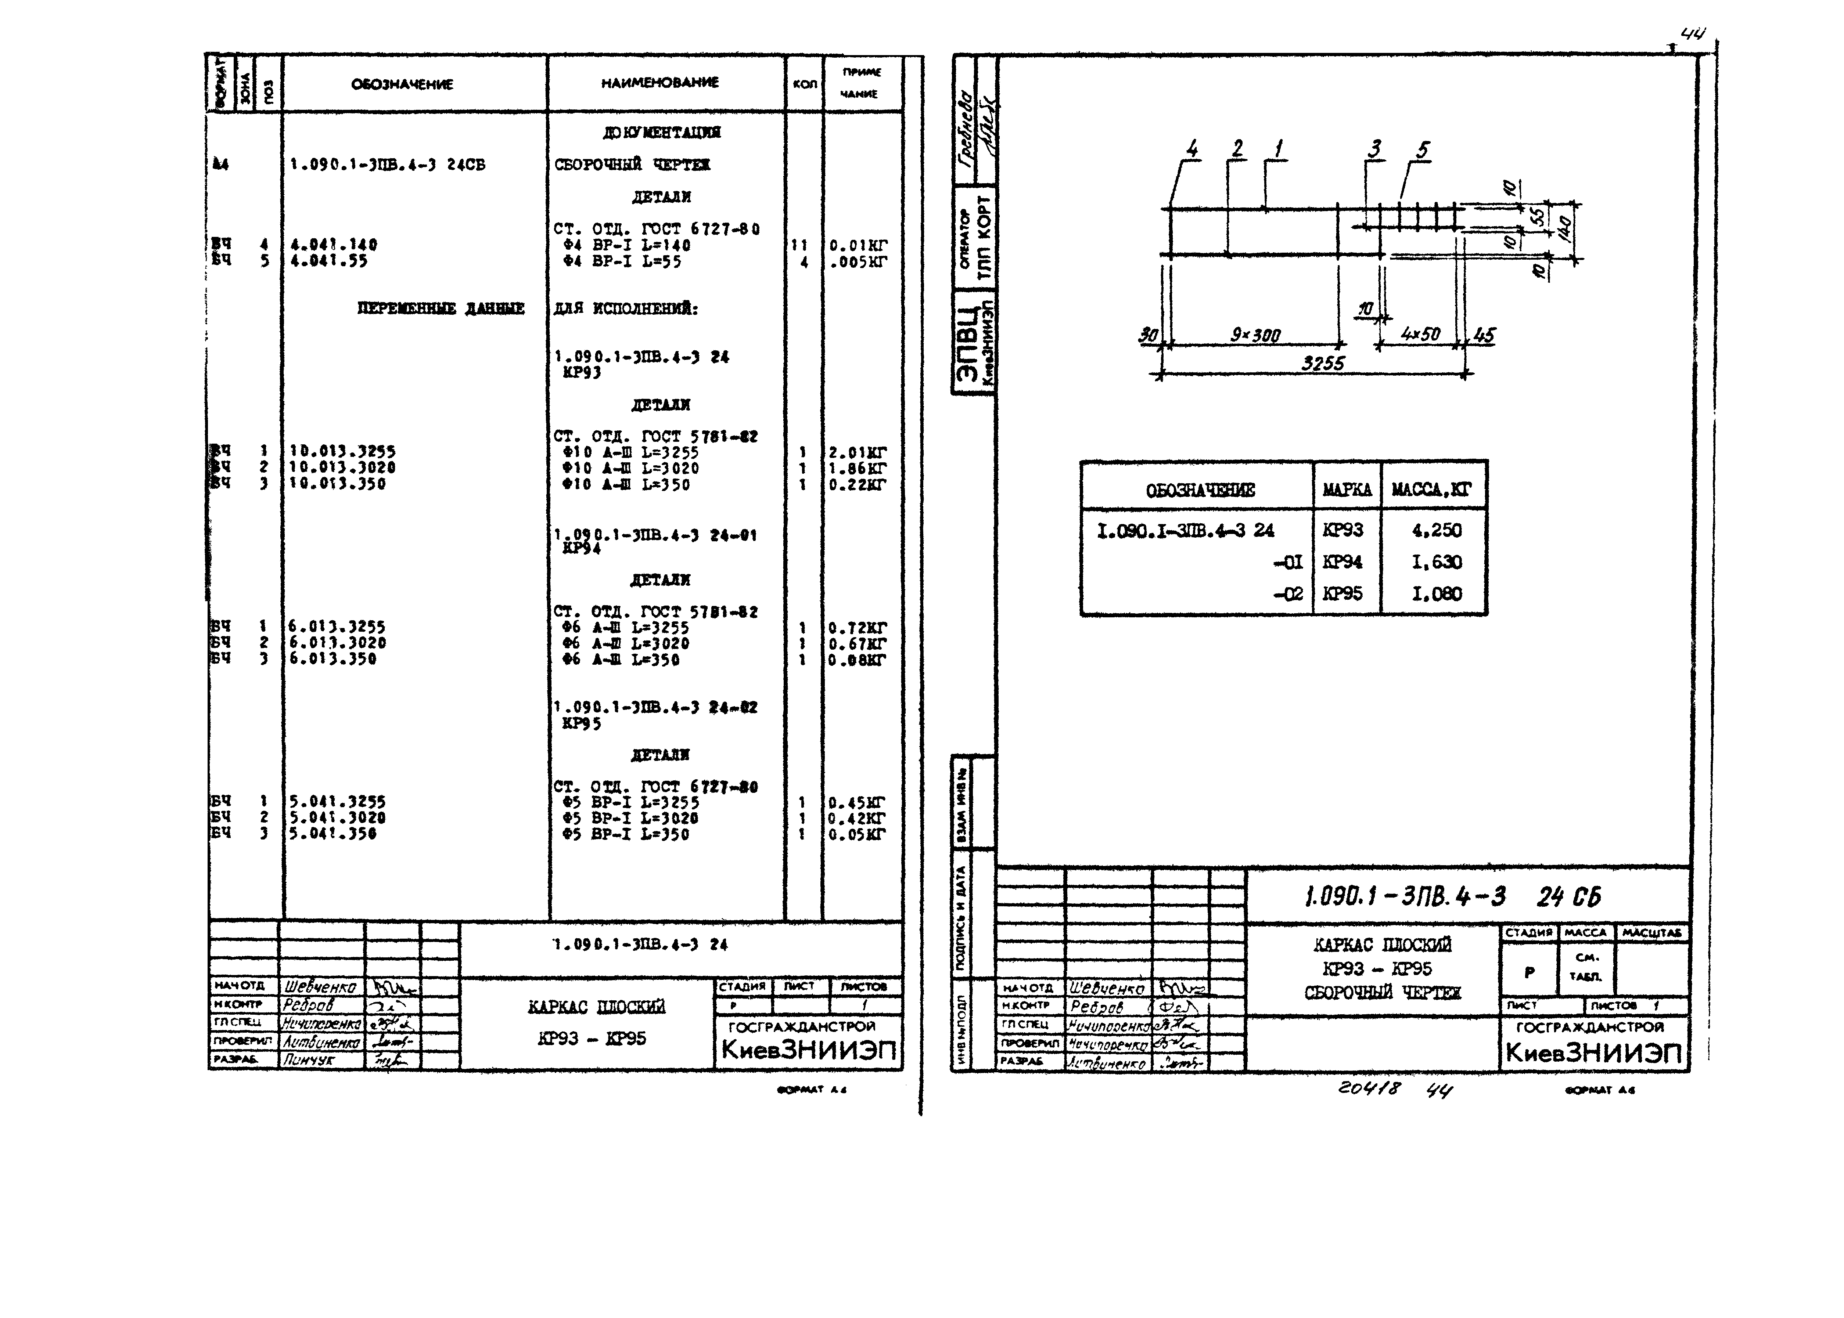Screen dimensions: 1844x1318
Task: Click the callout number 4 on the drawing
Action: pyautogui.click(x=1192, y=149)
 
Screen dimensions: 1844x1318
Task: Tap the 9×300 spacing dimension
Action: pyautogui.click(x=1255, y=335)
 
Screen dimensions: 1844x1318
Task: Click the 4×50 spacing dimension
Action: pyautogui.click(x=1420, y=333)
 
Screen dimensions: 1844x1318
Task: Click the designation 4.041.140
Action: pyautogui.click(x=334, y=244)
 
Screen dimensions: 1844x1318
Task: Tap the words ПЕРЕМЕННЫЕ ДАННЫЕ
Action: pyautogui.click(x=441, y=308)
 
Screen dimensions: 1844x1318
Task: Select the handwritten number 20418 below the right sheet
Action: pyautogui.click(x=1369, y=1088)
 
